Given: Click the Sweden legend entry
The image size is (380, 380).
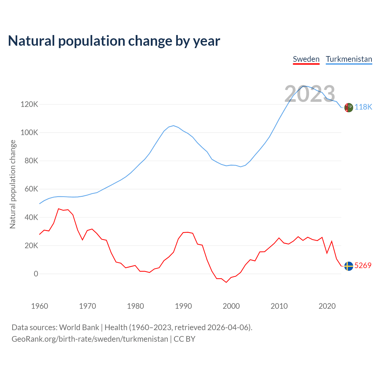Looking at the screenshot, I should (x=306, y=59).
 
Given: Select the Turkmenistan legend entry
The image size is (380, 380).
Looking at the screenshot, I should (x=349, y=59).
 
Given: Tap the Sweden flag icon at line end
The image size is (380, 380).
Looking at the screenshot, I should (x=349, y=266).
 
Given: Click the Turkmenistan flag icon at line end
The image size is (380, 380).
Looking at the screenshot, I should (x=349, y=107).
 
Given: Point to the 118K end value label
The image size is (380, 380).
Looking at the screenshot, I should (x=363, y=107).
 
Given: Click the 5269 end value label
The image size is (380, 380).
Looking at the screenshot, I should (x=363, y=265).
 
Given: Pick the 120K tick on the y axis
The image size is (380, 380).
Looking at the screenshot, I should (x=29, y=104).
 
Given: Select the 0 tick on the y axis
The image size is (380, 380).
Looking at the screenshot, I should (x=36, y=274).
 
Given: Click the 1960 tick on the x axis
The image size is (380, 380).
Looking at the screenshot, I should (x=39, y=306).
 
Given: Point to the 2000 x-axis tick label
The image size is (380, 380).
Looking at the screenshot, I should (x=231, y=306).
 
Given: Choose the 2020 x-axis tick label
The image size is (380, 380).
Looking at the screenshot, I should (x=327, y=306).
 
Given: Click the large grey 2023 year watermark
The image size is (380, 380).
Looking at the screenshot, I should (x=310, y=94).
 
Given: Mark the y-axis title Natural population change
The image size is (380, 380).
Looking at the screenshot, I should (x=13, y=184).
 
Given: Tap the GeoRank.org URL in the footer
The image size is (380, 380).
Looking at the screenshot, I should (x=90, y=339).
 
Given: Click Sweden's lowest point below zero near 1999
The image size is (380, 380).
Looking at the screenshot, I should (x=226, y=282).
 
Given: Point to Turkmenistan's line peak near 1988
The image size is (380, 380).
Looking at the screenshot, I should (x=173, y=126).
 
